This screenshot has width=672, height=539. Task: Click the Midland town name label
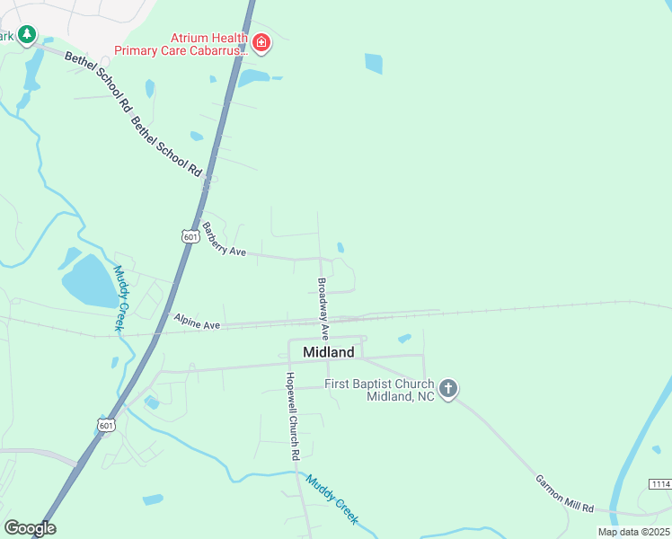click(x=329, y=352)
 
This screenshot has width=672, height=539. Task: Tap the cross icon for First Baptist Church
click(x=448, y=388)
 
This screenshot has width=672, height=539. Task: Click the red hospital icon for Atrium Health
click(x=261, y=41)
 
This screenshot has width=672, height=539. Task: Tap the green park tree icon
click(x=28, y=34)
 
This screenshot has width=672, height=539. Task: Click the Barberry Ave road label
click(x=224, y=240)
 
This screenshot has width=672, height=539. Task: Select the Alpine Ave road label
click(x=197, y=320)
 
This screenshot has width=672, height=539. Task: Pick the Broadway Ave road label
click(x=323, y=307)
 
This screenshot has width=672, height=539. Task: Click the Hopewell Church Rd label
click(x=291, y=417)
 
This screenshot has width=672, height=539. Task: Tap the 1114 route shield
click(x=659, y=484)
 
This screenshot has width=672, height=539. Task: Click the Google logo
click(x=30, y=528)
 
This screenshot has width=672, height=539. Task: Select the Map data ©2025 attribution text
click(x=632, y=532)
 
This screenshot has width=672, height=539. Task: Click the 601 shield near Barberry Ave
click(x=190, y=235)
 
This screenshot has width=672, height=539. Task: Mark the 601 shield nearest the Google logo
click(x=106, y=424)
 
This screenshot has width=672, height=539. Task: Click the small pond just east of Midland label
click(x=404, y=339)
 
